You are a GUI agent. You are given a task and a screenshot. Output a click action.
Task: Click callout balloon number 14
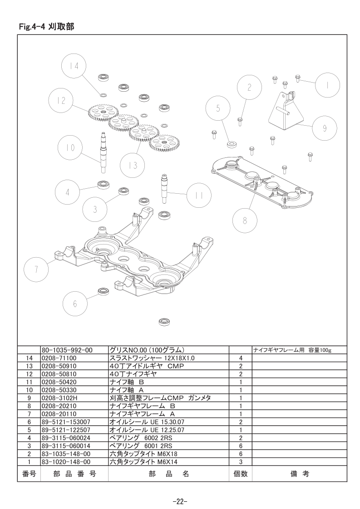click(x=74, y=66)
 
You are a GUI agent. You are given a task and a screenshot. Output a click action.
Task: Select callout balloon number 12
click(x=61, y=101)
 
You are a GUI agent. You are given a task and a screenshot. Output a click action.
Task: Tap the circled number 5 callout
click(x=218, y=108)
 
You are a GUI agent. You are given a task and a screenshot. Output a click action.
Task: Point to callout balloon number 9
click(x=325, y=128)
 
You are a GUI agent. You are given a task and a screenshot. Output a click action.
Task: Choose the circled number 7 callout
click(x=36, y=269)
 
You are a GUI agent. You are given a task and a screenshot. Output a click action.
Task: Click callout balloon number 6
click(x=75, y=303)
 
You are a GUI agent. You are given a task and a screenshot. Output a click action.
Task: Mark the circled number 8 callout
click(x=245, y=221)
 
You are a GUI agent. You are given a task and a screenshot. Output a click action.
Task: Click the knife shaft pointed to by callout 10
click(x=102, y=152)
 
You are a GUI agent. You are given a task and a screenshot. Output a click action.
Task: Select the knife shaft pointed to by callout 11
click(x=164, y=189)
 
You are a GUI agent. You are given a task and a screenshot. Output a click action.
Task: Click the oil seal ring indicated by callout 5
click(x=232, y=144)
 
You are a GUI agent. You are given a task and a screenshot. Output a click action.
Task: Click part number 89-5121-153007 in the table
click(x=66, y=422)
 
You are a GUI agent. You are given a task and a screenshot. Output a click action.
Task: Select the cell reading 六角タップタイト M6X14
click(x=143, y=462)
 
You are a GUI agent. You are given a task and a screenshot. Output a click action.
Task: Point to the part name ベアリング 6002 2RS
click(x=141, y=438)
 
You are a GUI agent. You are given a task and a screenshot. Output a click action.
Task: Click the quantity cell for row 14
click(x=241, y=358)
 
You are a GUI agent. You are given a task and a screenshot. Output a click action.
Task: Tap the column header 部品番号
click(x=74, y=474)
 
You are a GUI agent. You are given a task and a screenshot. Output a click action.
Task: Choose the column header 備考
click(x=299, y=474)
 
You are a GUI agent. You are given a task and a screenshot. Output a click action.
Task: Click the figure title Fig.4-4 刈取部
click(x=46, y=27)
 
